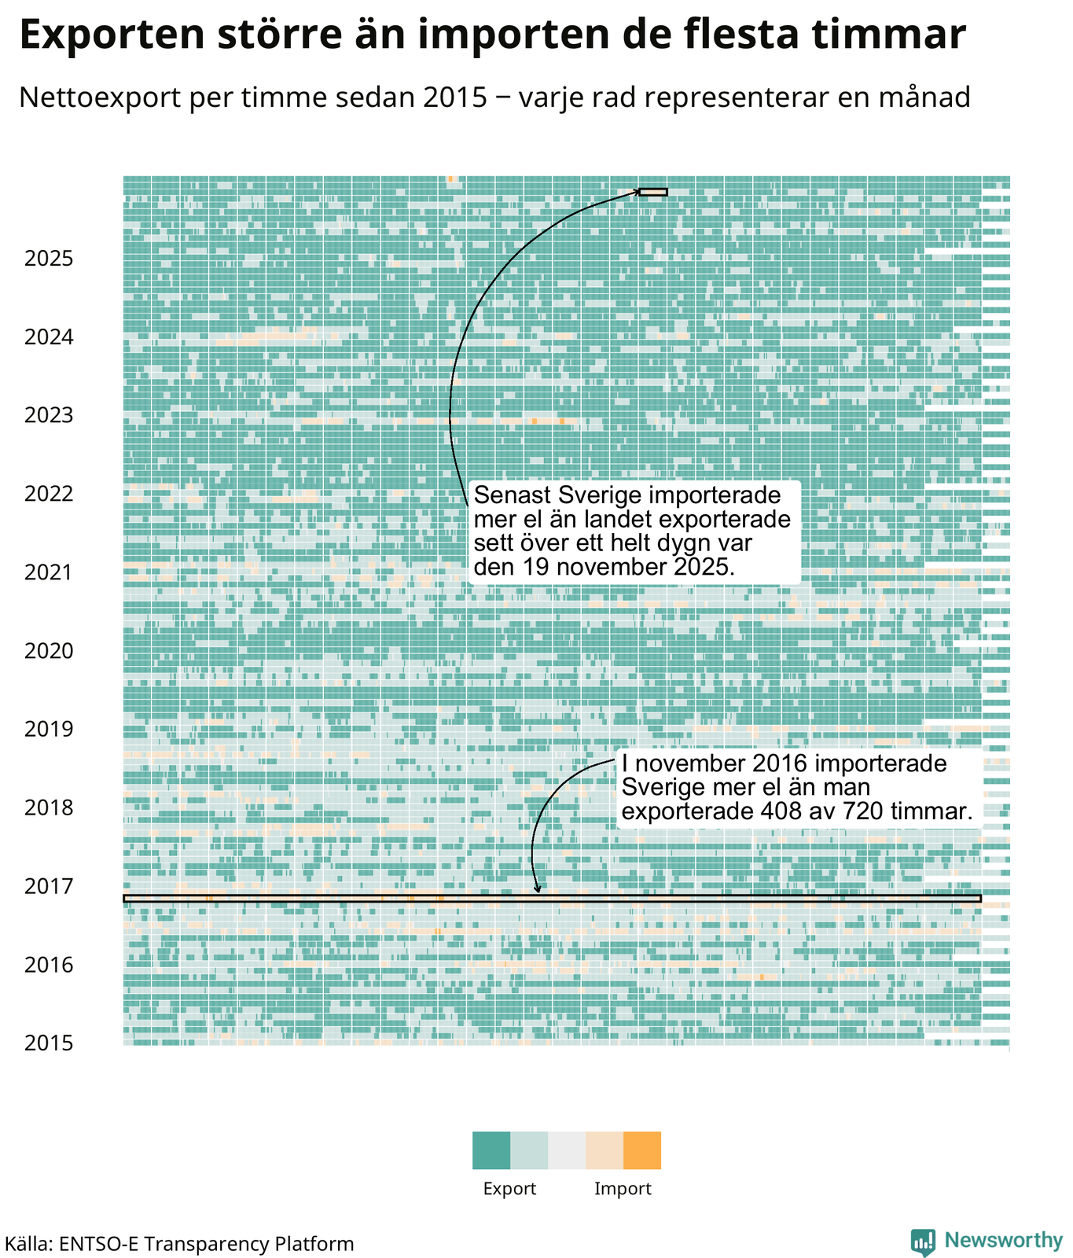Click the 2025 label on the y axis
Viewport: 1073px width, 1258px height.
click(49, 259)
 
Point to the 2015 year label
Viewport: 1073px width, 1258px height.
click(49, 1043)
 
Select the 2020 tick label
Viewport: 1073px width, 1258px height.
click(49, 651)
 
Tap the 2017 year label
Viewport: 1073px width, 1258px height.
click(49, 887)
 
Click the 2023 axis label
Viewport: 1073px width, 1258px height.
click(49, 415)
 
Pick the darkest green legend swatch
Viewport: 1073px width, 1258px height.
click(491, 1150)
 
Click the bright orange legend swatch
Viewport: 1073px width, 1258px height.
click(642, 1150)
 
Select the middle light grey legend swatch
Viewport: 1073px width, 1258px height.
click(567, 1150)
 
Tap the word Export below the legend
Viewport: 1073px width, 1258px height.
click(509, 1189)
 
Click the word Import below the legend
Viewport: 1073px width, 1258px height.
click(623, 1189)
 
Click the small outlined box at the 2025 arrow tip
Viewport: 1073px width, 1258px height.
click(653, 192)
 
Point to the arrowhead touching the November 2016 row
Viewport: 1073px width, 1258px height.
click(538, 890)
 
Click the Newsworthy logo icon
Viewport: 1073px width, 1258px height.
click(924, 1241)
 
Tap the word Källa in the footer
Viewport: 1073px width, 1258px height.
click(27, 1244)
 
